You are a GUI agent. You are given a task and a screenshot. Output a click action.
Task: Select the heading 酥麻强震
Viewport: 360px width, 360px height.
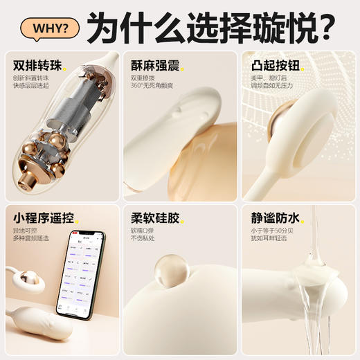tap(154, 66)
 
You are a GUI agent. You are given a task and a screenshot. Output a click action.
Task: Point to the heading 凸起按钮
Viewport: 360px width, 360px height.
tap(274, 66)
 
